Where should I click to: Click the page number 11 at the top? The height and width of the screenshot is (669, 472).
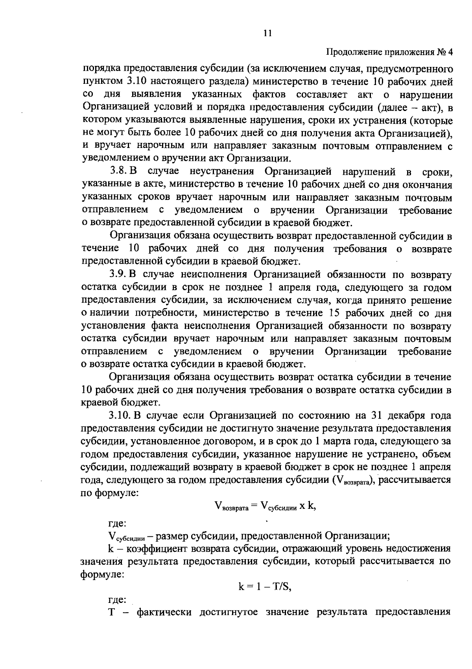click(267, 33)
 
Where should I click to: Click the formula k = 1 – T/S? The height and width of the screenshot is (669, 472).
click(265, 587)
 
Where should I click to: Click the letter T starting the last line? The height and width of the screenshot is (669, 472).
click(111, 613)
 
